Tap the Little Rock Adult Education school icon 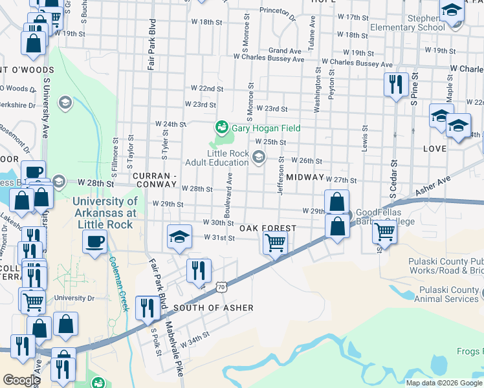pyautogui.click(x=259, y=157)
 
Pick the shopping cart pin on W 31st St pyautogui.click(x=275, y=244)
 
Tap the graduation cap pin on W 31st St pyautogui.click(x=179, y=237)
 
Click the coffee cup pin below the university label pyautogui.click(x=94, y=242)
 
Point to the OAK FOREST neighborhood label pyautogui.click(x=268, y=228)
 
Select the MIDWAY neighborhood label pyautogui.click(x=304, y=177)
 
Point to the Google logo pyautogui.click(x=21, y=380)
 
